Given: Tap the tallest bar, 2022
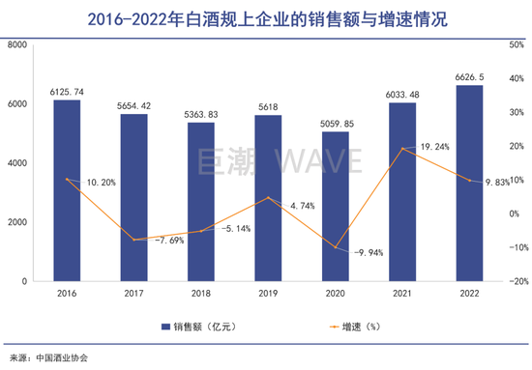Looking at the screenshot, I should [469, 183].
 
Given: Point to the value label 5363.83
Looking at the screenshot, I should [201, 114].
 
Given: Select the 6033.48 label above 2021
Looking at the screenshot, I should [402, 94].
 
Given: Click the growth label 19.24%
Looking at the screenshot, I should [433, 146].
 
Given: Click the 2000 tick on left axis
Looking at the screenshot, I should [17, 222].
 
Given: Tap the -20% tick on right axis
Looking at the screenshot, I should [516, 281].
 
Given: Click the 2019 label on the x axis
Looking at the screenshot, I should [268, 294].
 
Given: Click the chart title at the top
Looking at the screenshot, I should [266, 16].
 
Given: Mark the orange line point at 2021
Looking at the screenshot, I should [402, 149].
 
